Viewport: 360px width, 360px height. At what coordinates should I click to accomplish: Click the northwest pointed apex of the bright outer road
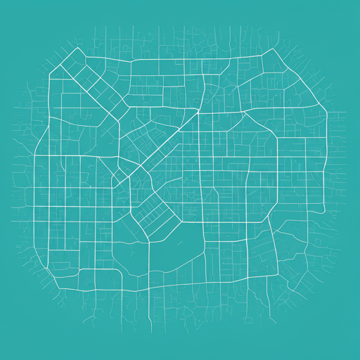(x=75, y=49)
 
